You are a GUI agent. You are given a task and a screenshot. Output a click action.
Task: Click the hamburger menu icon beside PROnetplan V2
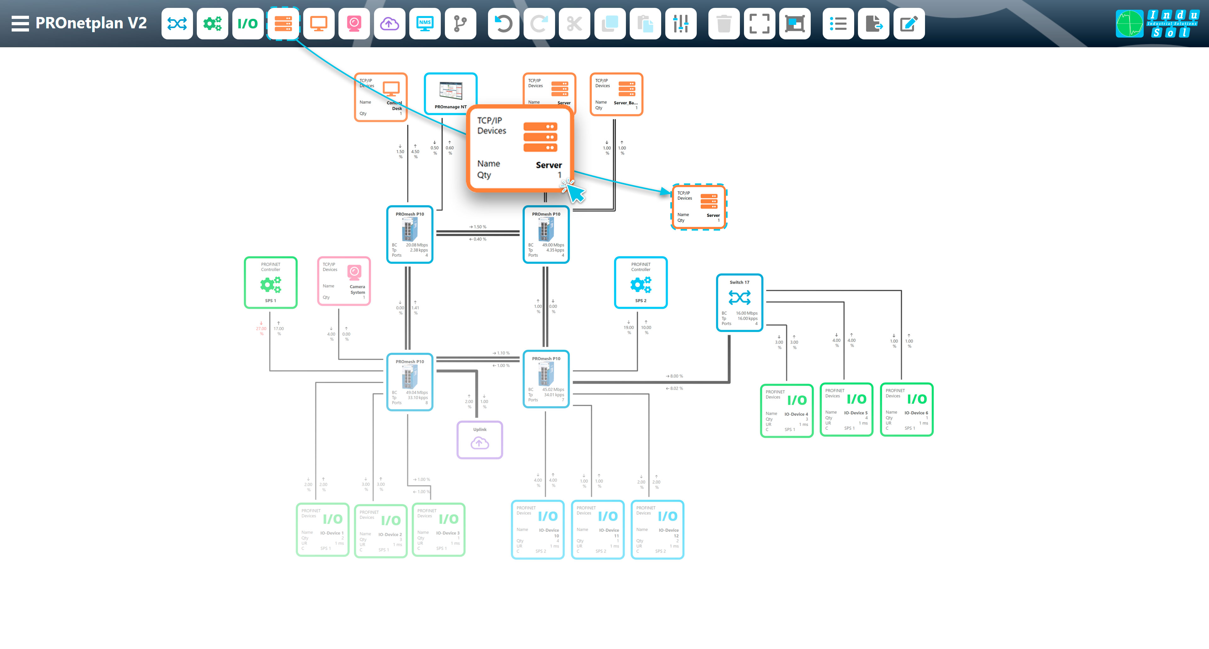point(20,24)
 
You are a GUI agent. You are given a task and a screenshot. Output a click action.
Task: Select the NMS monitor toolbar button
point(425,24)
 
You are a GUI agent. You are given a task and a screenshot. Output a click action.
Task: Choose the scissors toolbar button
point(574,24)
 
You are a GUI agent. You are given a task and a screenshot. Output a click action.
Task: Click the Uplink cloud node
point(480,439)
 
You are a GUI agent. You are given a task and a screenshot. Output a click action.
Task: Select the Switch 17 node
point(739,302)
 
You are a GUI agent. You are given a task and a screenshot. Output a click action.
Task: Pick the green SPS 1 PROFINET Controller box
point(271,283)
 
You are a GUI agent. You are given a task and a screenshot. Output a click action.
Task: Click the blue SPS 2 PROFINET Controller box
point(641,283)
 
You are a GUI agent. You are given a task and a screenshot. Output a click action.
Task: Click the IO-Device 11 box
point(598,529)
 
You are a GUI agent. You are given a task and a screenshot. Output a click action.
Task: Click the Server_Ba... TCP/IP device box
point(616,94)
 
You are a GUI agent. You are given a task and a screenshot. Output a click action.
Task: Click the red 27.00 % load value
point(261,329)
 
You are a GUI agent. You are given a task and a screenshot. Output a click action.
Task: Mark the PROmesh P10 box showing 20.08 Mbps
point(409,234)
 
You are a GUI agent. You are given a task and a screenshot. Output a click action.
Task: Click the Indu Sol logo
point(1157,24)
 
